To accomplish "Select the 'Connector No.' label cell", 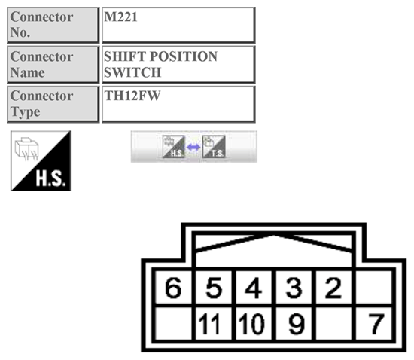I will pos(53,26).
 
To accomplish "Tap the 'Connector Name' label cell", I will pos(53,65).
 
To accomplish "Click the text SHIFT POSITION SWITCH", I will pos(160,65).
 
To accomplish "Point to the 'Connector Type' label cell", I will pos(53,104).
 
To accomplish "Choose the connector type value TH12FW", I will pos(129,96).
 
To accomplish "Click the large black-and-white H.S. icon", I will pos(41,160).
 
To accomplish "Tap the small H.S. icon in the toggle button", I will pos(173,147).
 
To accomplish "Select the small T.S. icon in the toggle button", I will pos(215,147).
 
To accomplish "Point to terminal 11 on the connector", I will pos(215,324).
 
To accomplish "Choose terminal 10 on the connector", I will pos(254,324).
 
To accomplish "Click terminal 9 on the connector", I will pos(295,324).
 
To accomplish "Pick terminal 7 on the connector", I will pos(375,324).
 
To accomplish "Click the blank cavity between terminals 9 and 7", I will pos(335,324).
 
